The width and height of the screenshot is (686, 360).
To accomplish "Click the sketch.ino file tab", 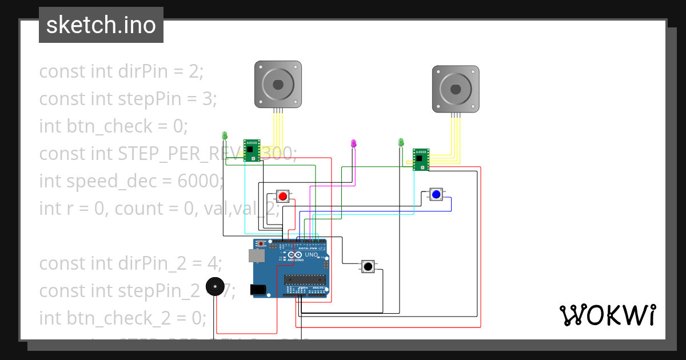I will pyautogui.click(x=101, y=25).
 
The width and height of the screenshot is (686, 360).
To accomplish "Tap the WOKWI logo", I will pyautogui.click(x=607, y=315).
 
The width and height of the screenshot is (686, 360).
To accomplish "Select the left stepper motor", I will pyautogui.click(x=278, y=85).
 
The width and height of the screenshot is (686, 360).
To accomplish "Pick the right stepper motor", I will pyautogui.click(x=455, y=89).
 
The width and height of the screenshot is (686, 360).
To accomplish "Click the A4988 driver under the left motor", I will pyautogui.click(x=252, y=150).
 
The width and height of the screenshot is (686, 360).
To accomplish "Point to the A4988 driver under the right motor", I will pyautogui.click(x=421, y=159).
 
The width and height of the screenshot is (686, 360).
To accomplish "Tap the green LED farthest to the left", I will pyautogui.click(x=225, y=135).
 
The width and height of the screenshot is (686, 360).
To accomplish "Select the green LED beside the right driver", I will pyautogui.click(x=401, y=142).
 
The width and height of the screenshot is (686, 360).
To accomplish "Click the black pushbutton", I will pyautogui.click(x=369, y=266).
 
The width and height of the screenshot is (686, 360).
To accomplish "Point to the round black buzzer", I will pyautogui.click(x=215, y=286).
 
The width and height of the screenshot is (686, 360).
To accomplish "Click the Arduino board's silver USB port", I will pyautogui.click(x=258, y=255).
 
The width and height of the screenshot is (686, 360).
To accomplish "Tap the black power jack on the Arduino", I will pyautogui.click(x=259, y=290).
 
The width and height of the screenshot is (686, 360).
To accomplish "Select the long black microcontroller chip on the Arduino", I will pyautogui.click(x=305, y=279).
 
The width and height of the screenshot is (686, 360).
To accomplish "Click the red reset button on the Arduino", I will pyautogui.click(x=262, y=244).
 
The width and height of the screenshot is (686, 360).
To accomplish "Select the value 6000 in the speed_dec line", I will pyautogui.click(x=198, y=181).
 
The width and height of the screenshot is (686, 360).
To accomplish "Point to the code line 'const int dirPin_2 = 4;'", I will pyautogui.click(x=130, y=263).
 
